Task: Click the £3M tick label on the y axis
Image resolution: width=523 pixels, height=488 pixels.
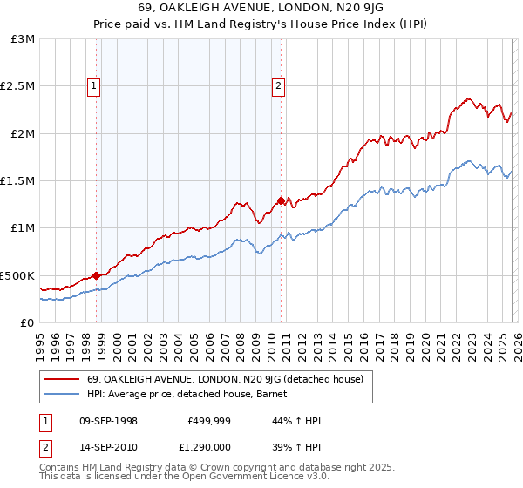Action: click(x=24, y=39)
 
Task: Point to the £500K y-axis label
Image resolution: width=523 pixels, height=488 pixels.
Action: click(x=18, y=275)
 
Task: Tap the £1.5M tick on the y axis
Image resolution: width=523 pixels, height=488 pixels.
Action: click(x=18, y=181)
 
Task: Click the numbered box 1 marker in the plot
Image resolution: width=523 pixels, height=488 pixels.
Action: click(x=93, y=85)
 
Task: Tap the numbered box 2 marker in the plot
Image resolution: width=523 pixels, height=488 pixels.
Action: click(x=278, y=85)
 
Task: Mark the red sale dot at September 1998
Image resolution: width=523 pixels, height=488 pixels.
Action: click(x=97, y=275)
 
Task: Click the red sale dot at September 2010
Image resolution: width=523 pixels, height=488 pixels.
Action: click(x=282, y=200)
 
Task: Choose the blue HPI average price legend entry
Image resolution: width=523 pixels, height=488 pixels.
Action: click(x=193, y=394)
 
